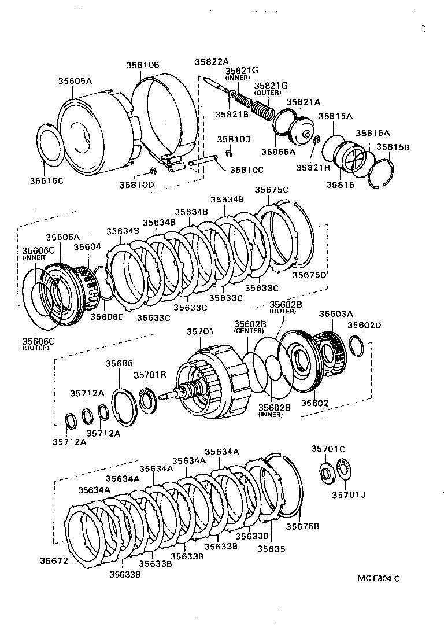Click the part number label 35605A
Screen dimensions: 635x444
tap(75, 81)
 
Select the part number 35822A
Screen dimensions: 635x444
tap(211, 62)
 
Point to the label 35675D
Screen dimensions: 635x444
tap(309, 275)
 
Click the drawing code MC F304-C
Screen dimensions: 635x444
tap(379, 578)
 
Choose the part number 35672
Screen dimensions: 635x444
tap(54, 560)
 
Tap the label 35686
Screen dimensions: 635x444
tap(119, 363)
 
